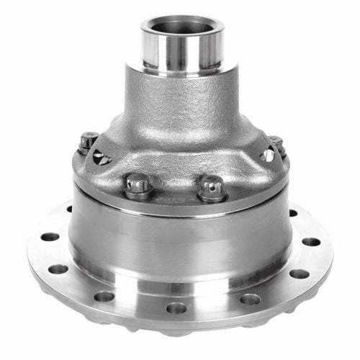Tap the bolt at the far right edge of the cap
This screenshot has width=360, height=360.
pos(276,143)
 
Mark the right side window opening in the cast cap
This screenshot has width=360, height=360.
pos(268,155)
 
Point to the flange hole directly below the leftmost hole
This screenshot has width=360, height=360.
pos(58,269)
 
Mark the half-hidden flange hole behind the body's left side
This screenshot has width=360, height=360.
pos(69,210)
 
